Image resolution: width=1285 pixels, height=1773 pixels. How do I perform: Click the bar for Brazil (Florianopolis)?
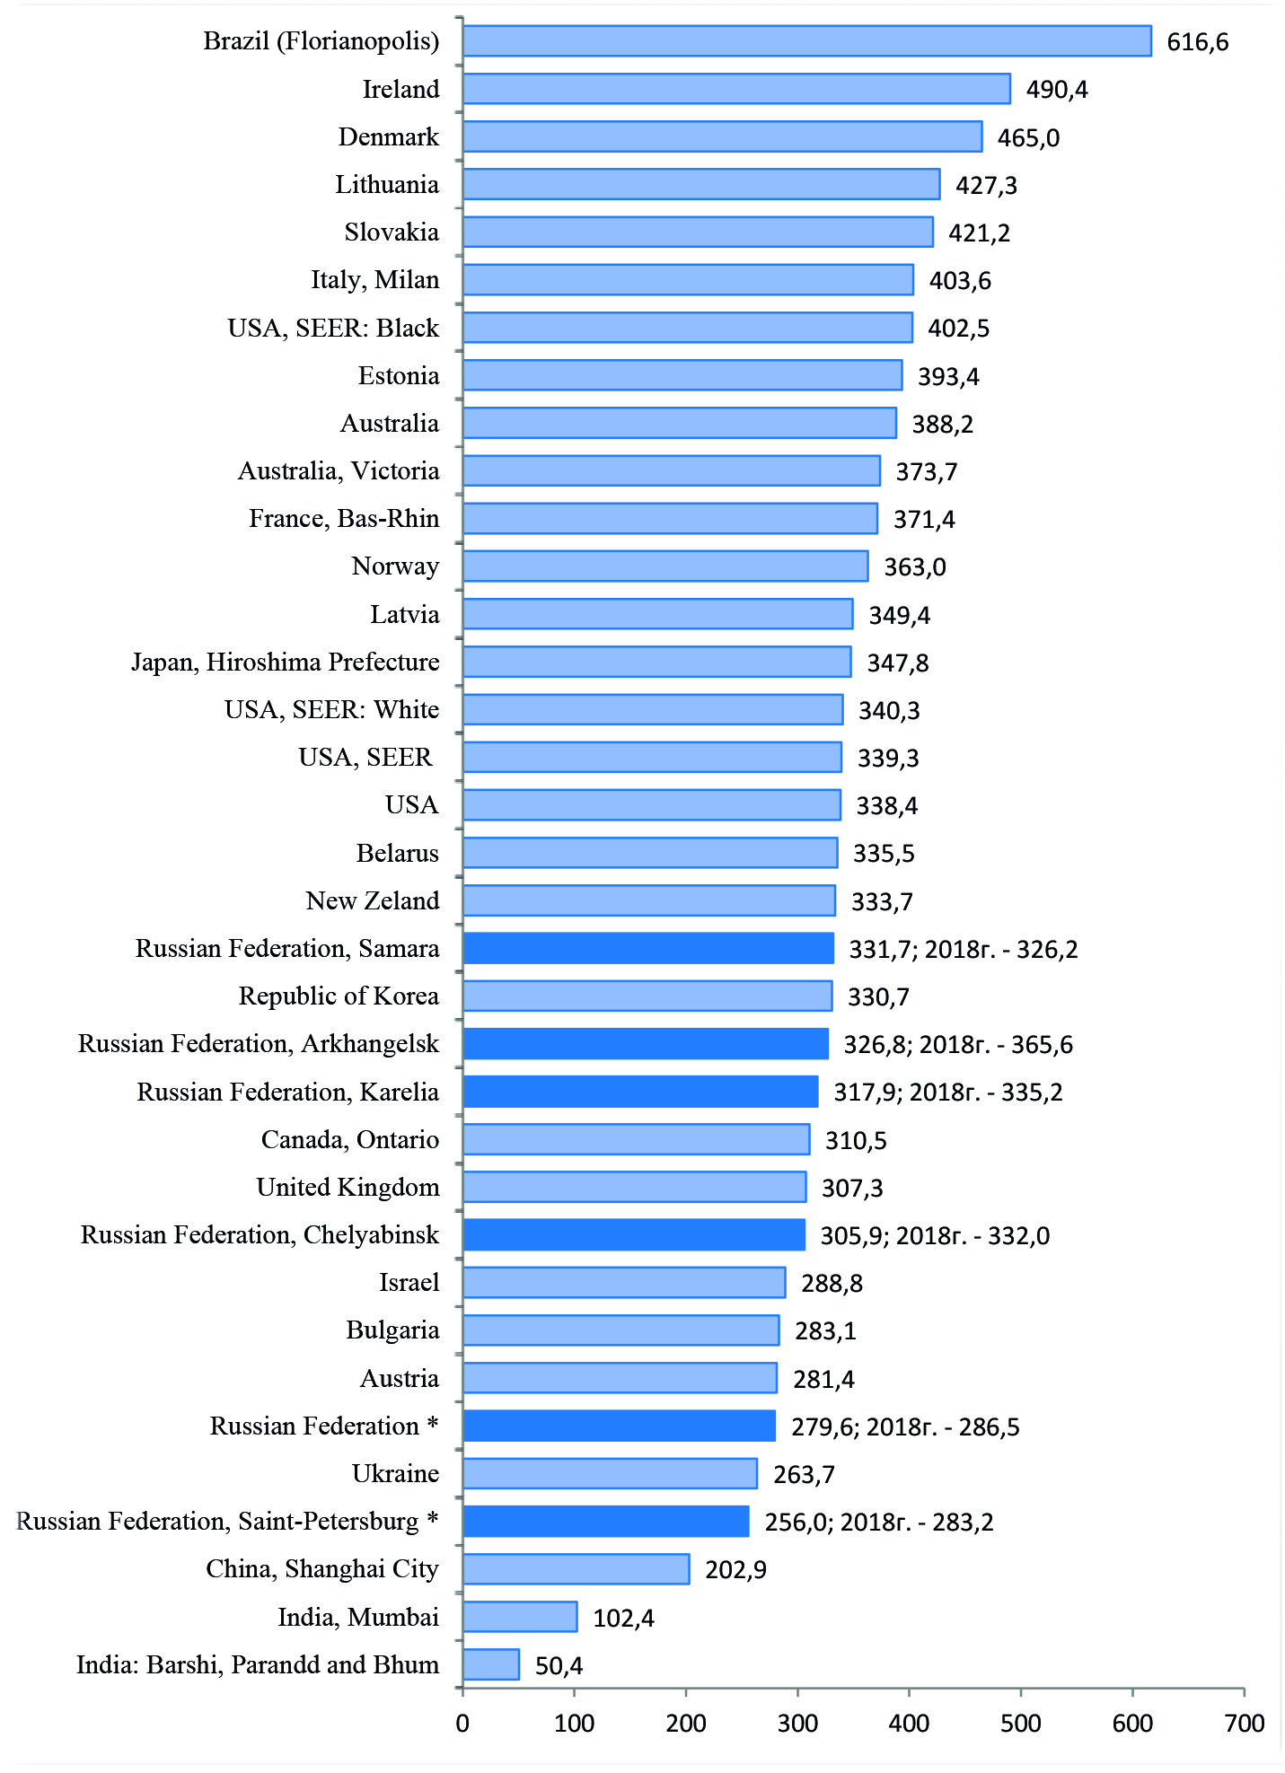(x=806, y=41)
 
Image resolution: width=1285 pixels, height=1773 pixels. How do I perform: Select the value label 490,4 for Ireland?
(x=1056, y=90)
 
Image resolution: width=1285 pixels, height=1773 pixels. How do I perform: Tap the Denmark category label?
(x=388, y=137)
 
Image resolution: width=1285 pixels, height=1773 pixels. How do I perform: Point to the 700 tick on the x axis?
(x=1244, y=1723)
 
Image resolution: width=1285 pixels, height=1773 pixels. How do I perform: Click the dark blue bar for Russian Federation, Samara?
(x=648, y=948)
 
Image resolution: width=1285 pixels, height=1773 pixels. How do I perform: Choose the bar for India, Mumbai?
(x=520, y=1617)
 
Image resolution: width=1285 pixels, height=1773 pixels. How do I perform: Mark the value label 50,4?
(x=559, y=1666)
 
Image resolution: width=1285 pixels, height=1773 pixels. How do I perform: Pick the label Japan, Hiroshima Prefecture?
(x=286, y=663)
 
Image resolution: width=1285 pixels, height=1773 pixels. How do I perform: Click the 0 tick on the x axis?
(x=462, y=1723)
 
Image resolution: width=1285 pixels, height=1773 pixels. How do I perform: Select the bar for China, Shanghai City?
(x=576, y=1568)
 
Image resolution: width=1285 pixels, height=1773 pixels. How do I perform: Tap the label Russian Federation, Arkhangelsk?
(x=259, y=1044)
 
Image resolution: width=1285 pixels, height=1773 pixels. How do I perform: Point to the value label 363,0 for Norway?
(x=914, y=567)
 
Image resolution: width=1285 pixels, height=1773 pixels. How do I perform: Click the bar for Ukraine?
(x=610, y=1473)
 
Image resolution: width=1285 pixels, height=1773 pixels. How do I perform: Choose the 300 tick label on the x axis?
(x=797, y=1723)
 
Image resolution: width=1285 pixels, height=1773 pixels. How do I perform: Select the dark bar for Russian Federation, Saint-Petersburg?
(x=606, y=1521)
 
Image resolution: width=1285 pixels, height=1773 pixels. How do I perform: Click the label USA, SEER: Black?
(x=333, y=329)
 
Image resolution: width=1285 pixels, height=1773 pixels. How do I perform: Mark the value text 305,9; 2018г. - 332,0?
(x=934, y=1236)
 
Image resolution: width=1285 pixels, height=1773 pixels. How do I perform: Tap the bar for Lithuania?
(x=701, y=184)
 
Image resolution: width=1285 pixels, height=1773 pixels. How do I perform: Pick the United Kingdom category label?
(x=348, y=1188)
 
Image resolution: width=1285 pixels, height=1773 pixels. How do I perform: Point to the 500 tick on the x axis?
(x=1021, y=1723)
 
